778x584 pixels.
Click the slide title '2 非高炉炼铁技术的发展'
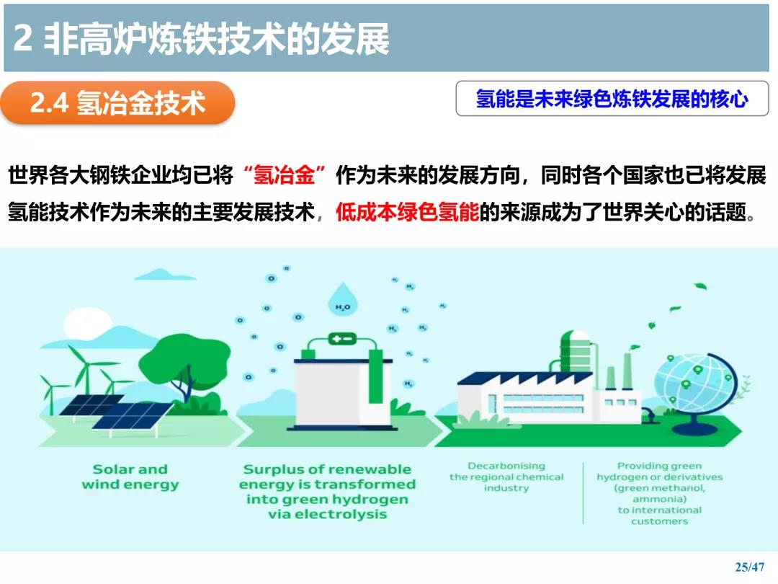tap(201, 39)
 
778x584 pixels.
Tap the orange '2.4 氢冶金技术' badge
tap(117, 103)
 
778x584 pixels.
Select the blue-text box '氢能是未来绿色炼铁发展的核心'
tap(612, 98)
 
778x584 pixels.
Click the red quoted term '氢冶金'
tap(284, 174)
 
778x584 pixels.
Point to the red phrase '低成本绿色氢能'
tap(407, 212)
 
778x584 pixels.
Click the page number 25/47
tap(750, 567)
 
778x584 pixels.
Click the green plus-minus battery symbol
tap(342, 339)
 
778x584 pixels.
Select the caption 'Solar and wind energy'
tap(130, 477)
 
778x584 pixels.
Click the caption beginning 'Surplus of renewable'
tap(328, 492)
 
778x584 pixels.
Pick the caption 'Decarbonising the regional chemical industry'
tap(506, 477)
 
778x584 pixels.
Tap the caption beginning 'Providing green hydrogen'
tap(659, 493)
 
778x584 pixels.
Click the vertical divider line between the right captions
tap(583, 492)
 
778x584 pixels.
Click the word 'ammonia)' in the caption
tap(660, 499)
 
